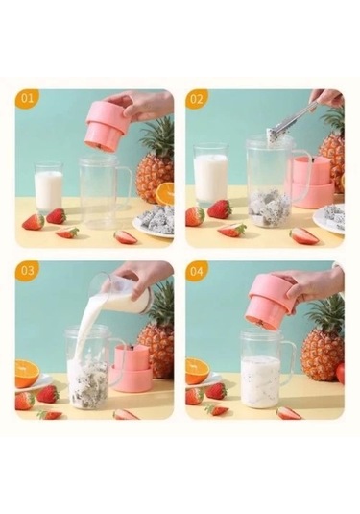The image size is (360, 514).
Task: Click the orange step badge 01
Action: tap(27, 100)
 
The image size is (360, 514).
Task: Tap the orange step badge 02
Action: tap(198, 100)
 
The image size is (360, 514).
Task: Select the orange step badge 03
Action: tap(27, 271)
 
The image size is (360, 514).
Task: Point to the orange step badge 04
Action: tap(198, 271)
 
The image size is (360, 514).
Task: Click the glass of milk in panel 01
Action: tap(48, 188)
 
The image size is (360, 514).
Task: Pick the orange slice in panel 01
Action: tap(165, 193)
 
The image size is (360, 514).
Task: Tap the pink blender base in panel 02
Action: tap(312, 183)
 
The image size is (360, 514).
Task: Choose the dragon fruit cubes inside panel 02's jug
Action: tap(270, 206)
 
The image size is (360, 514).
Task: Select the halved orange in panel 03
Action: tap(27, 372)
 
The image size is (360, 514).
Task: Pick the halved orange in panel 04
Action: tap(198, 370)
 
